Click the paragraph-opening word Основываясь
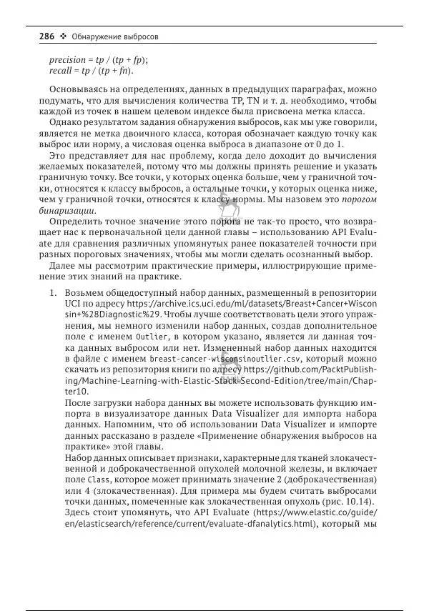point(77,91)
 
